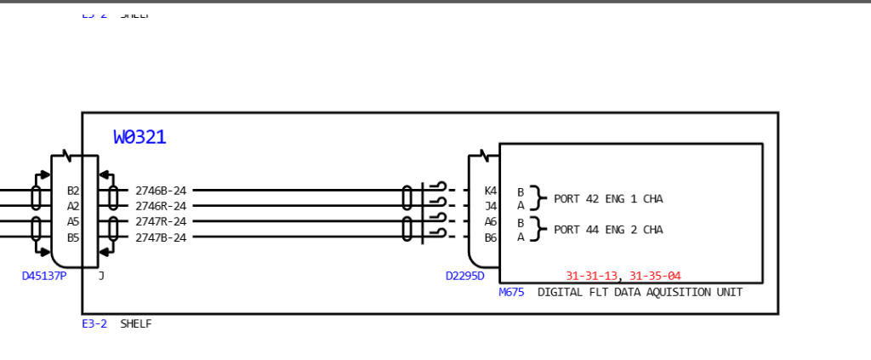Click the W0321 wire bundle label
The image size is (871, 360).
pyautogui.click(x=139, y=137)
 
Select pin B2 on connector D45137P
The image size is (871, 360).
pyautogui.click(x=73, y=191)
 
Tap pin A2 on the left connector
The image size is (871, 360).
pyautogui.click(x=73, y=206)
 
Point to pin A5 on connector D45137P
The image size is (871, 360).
pyautogui.click(x=73, y=221)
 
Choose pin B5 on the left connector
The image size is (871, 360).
pyautogui.click(x=73, y=237)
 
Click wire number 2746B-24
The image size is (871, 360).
pyautogui.click(x=161, y=191)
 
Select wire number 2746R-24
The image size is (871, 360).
pyautogui.click(x=161, y=206)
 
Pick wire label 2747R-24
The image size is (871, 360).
pyautogui.click(x=161, y=221)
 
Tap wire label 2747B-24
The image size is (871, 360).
pyautogui.click(x=161, y=237)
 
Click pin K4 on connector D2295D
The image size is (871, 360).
pyautogui.click(x=491, y=191)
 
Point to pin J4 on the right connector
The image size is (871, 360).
pyautogui.click(x=491, y=206)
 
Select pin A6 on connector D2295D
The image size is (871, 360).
pyautogui.click(x=491, y=221)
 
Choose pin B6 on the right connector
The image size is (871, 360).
pyautogui.click(x=491, y=237)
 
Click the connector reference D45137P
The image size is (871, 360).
pyautogui.click(x=44, y=276)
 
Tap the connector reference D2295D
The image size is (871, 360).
pyautogui.click(x=465, y=276)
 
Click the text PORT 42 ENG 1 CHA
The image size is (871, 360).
pyautogui.click(x=608, y=199)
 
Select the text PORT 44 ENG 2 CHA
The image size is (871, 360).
pyautogui.click(x=608, y=230)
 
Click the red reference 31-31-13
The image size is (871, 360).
pyautogui.click(x=592, y=276)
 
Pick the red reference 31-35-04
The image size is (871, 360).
pyautogui.click(x=655, y=276)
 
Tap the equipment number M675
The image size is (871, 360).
pyautogui.click(x=511, y=292)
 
